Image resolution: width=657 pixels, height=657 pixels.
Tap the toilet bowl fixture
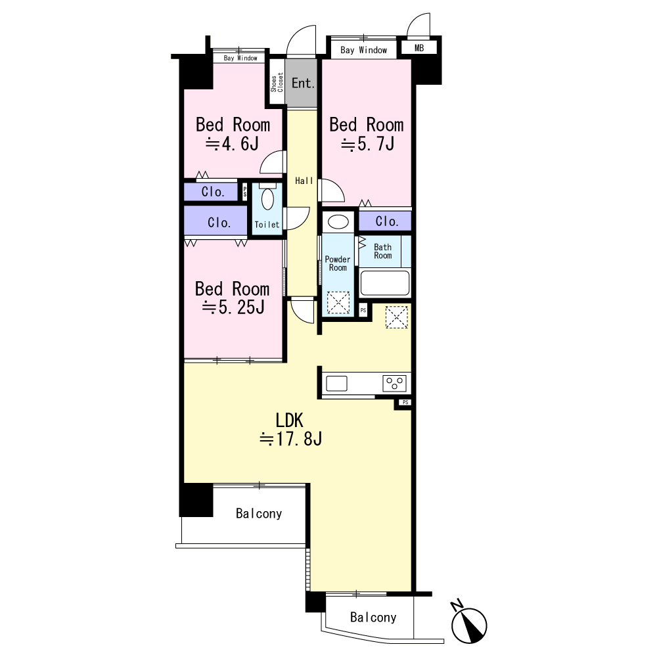point(268,197)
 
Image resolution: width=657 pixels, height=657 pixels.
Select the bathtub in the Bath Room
point(384,283)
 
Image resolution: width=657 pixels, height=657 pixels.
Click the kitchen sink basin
point(336,384)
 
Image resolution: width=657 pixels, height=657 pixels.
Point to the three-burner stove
point(394,384)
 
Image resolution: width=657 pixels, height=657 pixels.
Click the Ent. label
point(303,83)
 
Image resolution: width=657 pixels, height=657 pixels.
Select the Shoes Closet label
point(277,82)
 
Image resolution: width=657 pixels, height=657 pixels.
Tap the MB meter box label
point(419,48)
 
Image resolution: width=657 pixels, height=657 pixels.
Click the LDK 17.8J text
point(290,429)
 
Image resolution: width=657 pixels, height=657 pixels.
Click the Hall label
point(304,181)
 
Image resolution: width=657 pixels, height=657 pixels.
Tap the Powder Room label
point(338,263)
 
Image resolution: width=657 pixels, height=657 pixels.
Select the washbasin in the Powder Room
point(338,221)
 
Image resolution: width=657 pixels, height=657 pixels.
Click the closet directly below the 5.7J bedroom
point(385,221)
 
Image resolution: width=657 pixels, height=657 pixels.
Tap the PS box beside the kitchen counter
point(405,402)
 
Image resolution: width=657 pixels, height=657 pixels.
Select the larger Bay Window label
point(364,51)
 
